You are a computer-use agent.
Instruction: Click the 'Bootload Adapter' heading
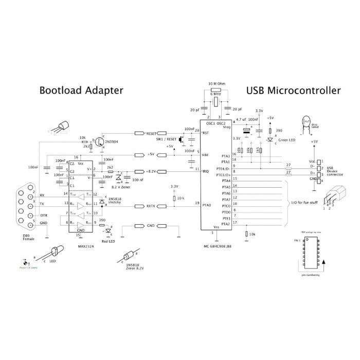[x=81, y=91]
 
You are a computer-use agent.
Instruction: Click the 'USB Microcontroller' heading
[x=293, y=91]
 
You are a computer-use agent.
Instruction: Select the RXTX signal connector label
[x=151, y=206]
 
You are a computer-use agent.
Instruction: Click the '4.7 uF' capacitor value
[x=240, y=120]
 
